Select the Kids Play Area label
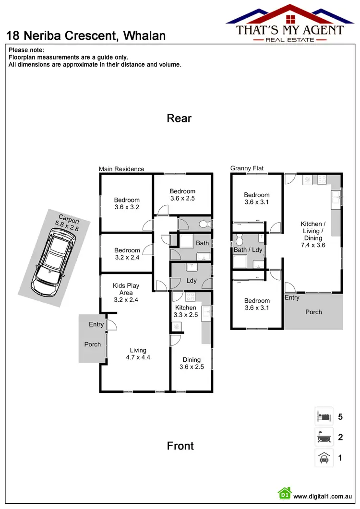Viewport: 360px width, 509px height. (126, 293)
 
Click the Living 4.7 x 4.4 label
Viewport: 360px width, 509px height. (138, 354)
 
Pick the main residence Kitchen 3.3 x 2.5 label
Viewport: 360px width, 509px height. (186, 311)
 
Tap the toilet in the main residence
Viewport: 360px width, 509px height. (203, 224)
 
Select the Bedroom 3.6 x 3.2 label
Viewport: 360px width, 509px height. (127, 204)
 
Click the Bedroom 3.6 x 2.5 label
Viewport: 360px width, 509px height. (183, 195)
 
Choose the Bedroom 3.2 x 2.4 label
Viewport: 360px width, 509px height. (127, 253)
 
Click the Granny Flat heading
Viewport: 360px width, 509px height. (247, 168)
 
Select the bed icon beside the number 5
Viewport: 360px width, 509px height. (324, 416)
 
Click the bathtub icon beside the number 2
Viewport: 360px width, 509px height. (324, 437)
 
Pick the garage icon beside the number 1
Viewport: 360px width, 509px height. (324, 458)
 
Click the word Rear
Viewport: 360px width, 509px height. (180, 118)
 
